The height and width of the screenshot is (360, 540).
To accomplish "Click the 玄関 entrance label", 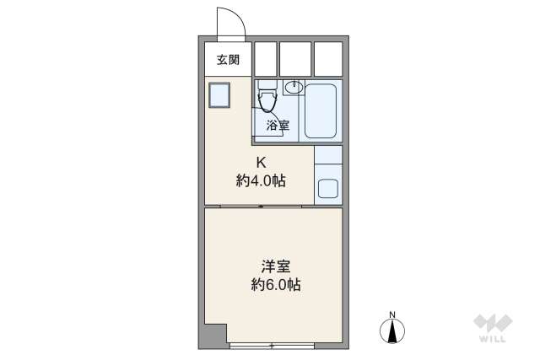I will (227, 60).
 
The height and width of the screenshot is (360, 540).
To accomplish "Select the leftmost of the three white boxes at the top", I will (266, 58).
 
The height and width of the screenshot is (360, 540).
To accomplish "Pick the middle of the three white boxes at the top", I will (295, 58).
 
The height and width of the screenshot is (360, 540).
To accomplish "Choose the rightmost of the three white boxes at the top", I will (327, 58).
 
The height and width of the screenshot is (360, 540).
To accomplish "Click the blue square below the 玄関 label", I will (220, 95).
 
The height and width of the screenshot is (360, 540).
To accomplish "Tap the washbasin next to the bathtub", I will (294, 87).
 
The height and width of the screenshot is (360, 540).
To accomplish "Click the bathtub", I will (321, 110).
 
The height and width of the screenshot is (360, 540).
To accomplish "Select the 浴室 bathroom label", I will (278, 126).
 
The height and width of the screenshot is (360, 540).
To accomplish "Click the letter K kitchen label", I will (262, 163).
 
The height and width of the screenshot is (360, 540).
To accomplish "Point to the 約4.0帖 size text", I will (261, 180).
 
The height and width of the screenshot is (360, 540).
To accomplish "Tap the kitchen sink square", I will (327, 188).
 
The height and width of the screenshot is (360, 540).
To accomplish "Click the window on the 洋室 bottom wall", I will (272, 346).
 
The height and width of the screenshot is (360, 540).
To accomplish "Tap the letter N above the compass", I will (392, 316).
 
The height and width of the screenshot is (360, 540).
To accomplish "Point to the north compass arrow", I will (392, 331).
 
